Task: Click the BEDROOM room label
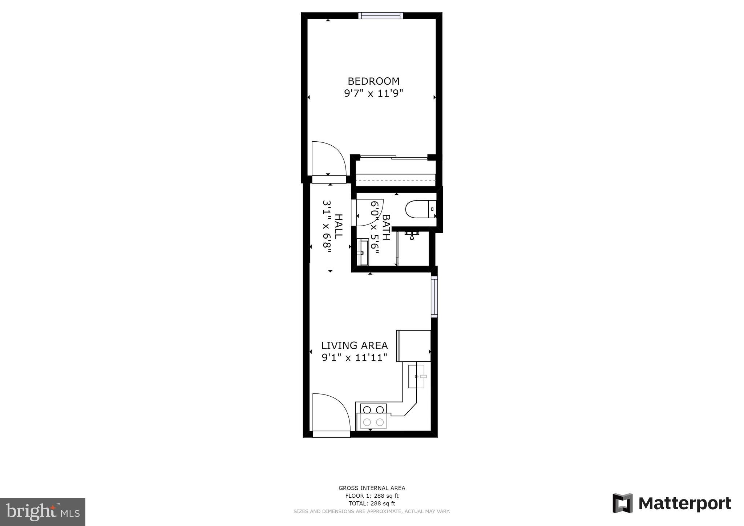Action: click(x=373, y=81)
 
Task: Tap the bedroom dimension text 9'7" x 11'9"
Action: click(x=373, y=94)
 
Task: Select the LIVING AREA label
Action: click(x=355, y=345)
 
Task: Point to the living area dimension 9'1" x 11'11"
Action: click(x=355, y=358)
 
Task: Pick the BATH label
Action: click(x=386, y=227)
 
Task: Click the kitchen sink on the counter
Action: click(x=417, y=376)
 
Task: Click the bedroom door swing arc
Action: click(x=328, y=159)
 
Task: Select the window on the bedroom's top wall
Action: click(x=380, y=16)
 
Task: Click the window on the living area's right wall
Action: click(x=434, y=296)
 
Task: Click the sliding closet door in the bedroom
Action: click(x=394, y=158)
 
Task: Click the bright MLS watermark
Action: click(x=43, y=512)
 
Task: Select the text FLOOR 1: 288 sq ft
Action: click(x=372, y=496)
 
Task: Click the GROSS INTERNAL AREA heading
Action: click(x=372, y=488)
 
